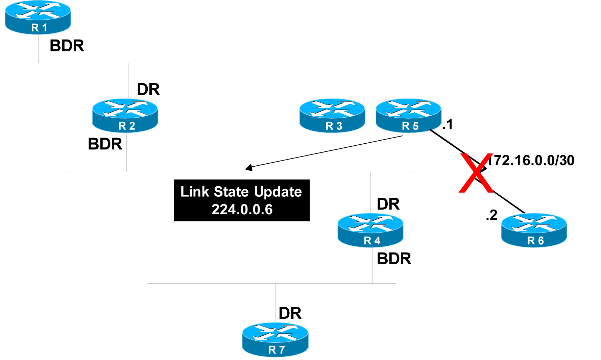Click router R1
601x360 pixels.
38,17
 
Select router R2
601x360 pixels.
125,115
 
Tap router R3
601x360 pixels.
332,115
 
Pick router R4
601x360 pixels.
370,230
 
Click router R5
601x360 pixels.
409,115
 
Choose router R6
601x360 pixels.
534,230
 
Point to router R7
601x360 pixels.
275,339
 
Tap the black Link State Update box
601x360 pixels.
242,200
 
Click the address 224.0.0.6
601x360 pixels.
242,210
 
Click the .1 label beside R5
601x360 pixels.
448,124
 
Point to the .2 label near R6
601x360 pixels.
491,215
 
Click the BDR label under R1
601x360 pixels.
67,46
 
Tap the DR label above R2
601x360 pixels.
148,89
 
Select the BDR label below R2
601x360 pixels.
105,144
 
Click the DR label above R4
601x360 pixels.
388,204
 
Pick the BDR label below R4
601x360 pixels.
394,259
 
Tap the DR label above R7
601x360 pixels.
290,313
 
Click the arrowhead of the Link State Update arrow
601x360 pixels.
249,167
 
